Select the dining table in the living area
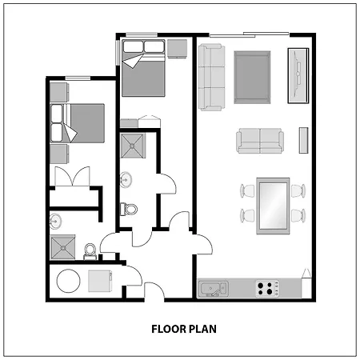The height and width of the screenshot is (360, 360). pyautogui.click(x=272, y=204)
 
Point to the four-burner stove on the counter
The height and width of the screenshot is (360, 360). pyautogui.click(x=269, y=287)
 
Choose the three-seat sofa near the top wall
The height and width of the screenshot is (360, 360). pyautogui.click(x=211, y=76)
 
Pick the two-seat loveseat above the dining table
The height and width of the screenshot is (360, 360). pyautogui.click(x=260, y=141)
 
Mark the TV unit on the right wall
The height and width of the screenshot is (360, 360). pyautogui.click(x=298, y=75)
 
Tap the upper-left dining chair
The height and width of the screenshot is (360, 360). pyautogui.click(x=247, y=191)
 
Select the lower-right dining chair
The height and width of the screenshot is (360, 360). pyautogui.click(x=298, y=215)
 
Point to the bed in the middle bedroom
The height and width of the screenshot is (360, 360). pyautogui.click(x=144, y=69)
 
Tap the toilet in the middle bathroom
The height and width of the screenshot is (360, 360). pyautogui.click(x=129, y=210)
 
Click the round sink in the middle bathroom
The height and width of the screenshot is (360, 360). pyautogui.click(x=126, y=180)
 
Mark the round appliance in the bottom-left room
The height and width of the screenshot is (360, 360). pyautogui.click(x=68, y=282)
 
